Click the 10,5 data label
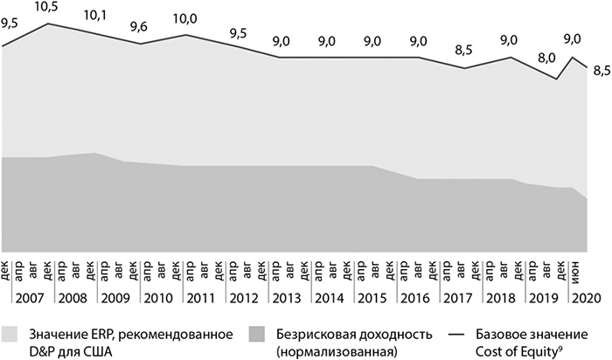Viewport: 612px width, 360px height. (46, 8)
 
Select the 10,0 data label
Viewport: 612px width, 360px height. (186, 18)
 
